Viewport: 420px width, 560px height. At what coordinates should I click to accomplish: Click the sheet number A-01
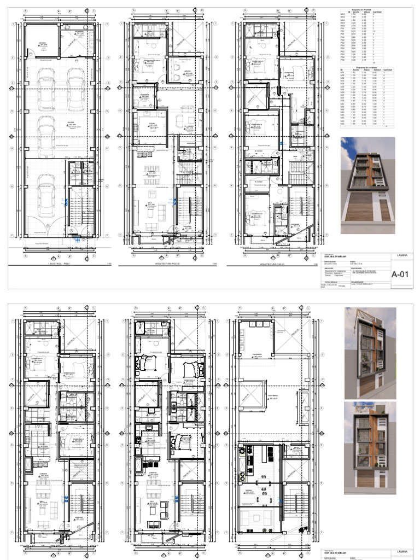[x=400, y=275]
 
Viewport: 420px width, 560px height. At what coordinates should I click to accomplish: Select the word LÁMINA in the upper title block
[x=400, y=255]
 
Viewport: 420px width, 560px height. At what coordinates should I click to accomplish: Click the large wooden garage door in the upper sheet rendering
[x=367, y=211]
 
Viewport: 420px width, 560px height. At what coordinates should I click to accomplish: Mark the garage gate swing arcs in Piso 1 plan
[x=52, y=224]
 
